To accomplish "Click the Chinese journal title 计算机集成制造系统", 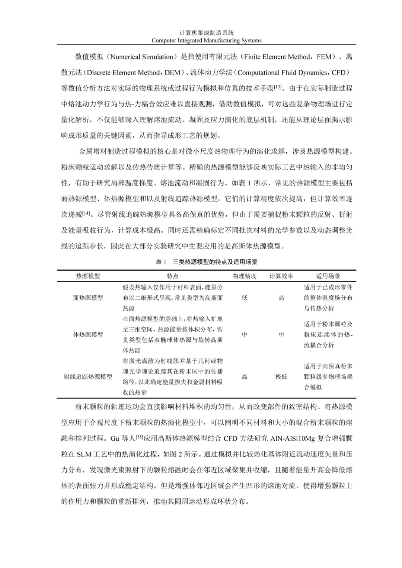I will tap(207, 33).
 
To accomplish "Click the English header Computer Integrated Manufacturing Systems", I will tap(207, 41).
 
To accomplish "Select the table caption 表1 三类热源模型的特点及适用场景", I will tap(207, 262).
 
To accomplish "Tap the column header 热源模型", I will tap(88, 276).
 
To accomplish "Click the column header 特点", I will tap(173, 276).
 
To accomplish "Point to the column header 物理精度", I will tap(245, 276).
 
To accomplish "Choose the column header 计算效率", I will tap(281, 276).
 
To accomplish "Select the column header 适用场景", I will tap(328, 276).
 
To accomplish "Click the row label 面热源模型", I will tap(88, 298).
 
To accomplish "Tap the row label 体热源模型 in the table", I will tap(88, 334).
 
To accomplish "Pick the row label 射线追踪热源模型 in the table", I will tap(88, 376).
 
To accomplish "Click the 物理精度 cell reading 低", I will tap(245, 298).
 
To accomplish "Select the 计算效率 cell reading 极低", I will tap(281, 376).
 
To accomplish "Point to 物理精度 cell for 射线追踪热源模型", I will tap(245, 376).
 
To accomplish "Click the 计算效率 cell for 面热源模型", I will tap(281, 298).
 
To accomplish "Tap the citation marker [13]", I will tap(278, 87).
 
